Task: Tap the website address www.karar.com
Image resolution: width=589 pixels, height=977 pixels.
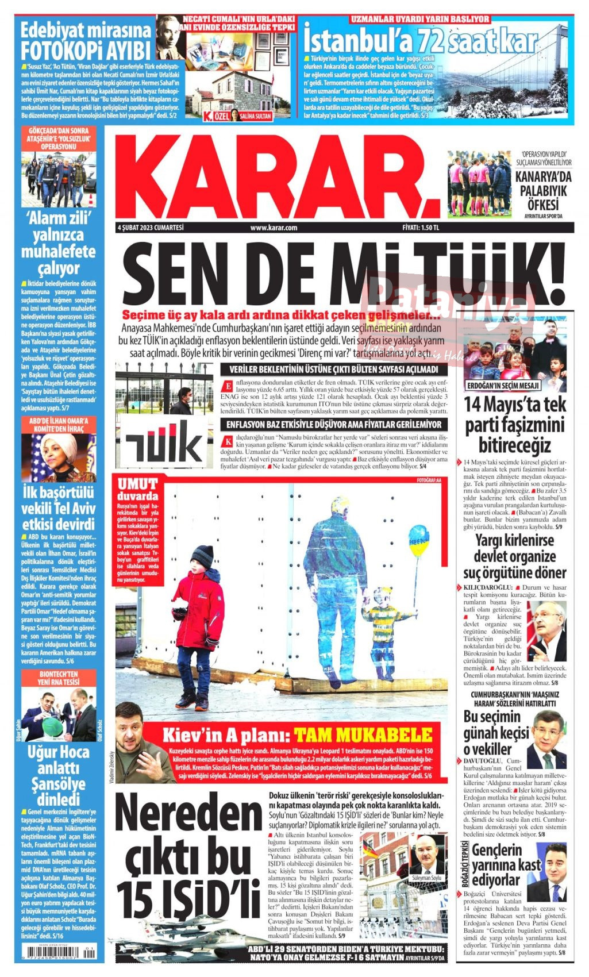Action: pyautogui.click(x=274, y=228)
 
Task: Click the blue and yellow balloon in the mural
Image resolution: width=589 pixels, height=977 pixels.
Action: pyautogui.click(x=419, y=541)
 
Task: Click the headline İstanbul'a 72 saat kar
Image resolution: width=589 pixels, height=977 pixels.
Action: pyautogui.click(x=420, y=41)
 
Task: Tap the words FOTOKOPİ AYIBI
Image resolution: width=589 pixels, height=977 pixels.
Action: pyautogui.click(x=86, y=49)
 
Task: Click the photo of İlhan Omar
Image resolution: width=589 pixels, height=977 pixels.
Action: pyautogui.click(x=59, y=458)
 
